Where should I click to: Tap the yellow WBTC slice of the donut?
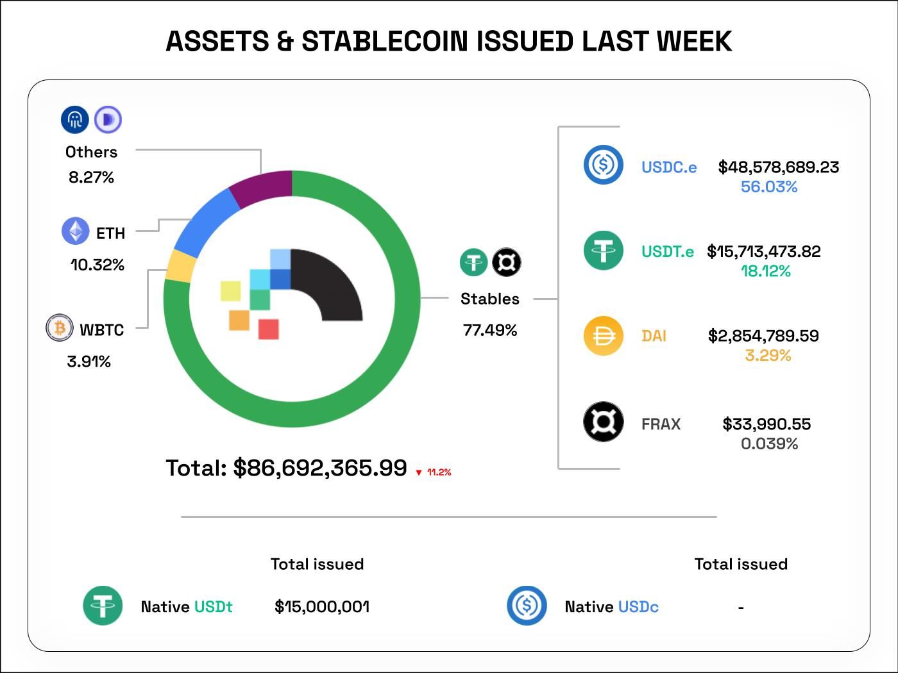tap(181, 265)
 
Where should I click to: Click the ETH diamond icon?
tap(75, 231)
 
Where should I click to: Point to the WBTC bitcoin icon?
tap(60, 328)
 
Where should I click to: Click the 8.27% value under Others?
tap(91, 178)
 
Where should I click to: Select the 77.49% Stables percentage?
tap(490, 330)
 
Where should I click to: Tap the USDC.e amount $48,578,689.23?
tap(778, 167)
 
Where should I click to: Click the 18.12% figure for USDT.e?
tap(766, 271)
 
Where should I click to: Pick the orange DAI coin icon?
tap(603, 336)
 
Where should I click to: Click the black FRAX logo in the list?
tap(603, 422)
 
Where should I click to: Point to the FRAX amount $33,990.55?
tap(767, 424)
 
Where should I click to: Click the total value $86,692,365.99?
tap(319, 468)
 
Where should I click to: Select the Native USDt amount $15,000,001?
tap(322, 606)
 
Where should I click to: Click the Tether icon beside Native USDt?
tap(103, 606)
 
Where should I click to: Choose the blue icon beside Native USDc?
tap(527, 605)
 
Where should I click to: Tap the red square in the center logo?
tap(268, 329)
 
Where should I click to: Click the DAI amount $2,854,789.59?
tap(763, 336)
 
